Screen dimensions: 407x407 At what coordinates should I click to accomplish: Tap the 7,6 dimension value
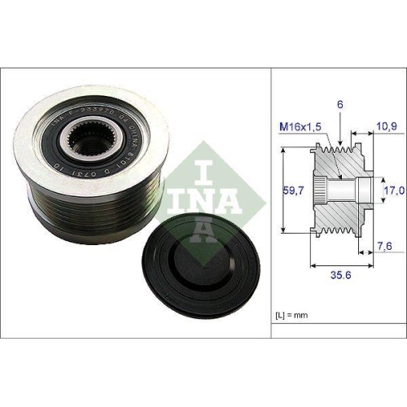coord(383,244)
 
